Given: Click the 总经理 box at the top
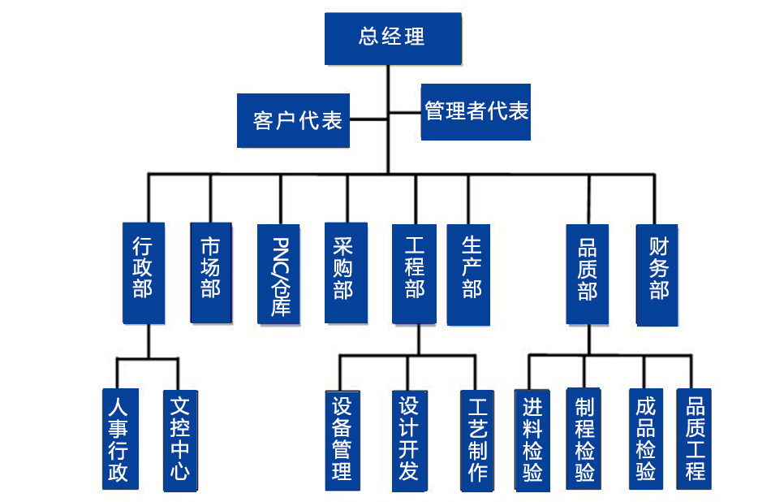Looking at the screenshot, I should [393, 37].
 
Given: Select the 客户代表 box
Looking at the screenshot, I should [294, 120].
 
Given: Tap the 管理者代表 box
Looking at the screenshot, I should [476, 111].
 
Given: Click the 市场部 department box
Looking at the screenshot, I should [210, 270].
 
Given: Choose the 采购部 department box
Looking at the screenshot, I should [344, 271].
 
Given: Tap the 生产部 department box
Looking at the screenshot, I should [469, 273].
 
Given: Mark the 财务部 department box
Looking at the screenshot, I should [657, 274].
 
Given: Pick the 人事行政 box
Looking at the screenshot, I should [119, 439].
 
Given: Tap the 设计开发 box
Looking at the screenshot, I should [407, 439].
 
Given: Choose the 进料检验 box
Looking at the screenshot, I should [532, 439].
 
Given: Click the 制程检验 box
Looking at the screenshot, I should [584, 439].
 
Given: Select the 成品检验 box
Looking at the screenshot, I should [646, 439].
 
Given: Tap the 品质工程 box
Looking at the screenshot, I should [695, 438].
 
